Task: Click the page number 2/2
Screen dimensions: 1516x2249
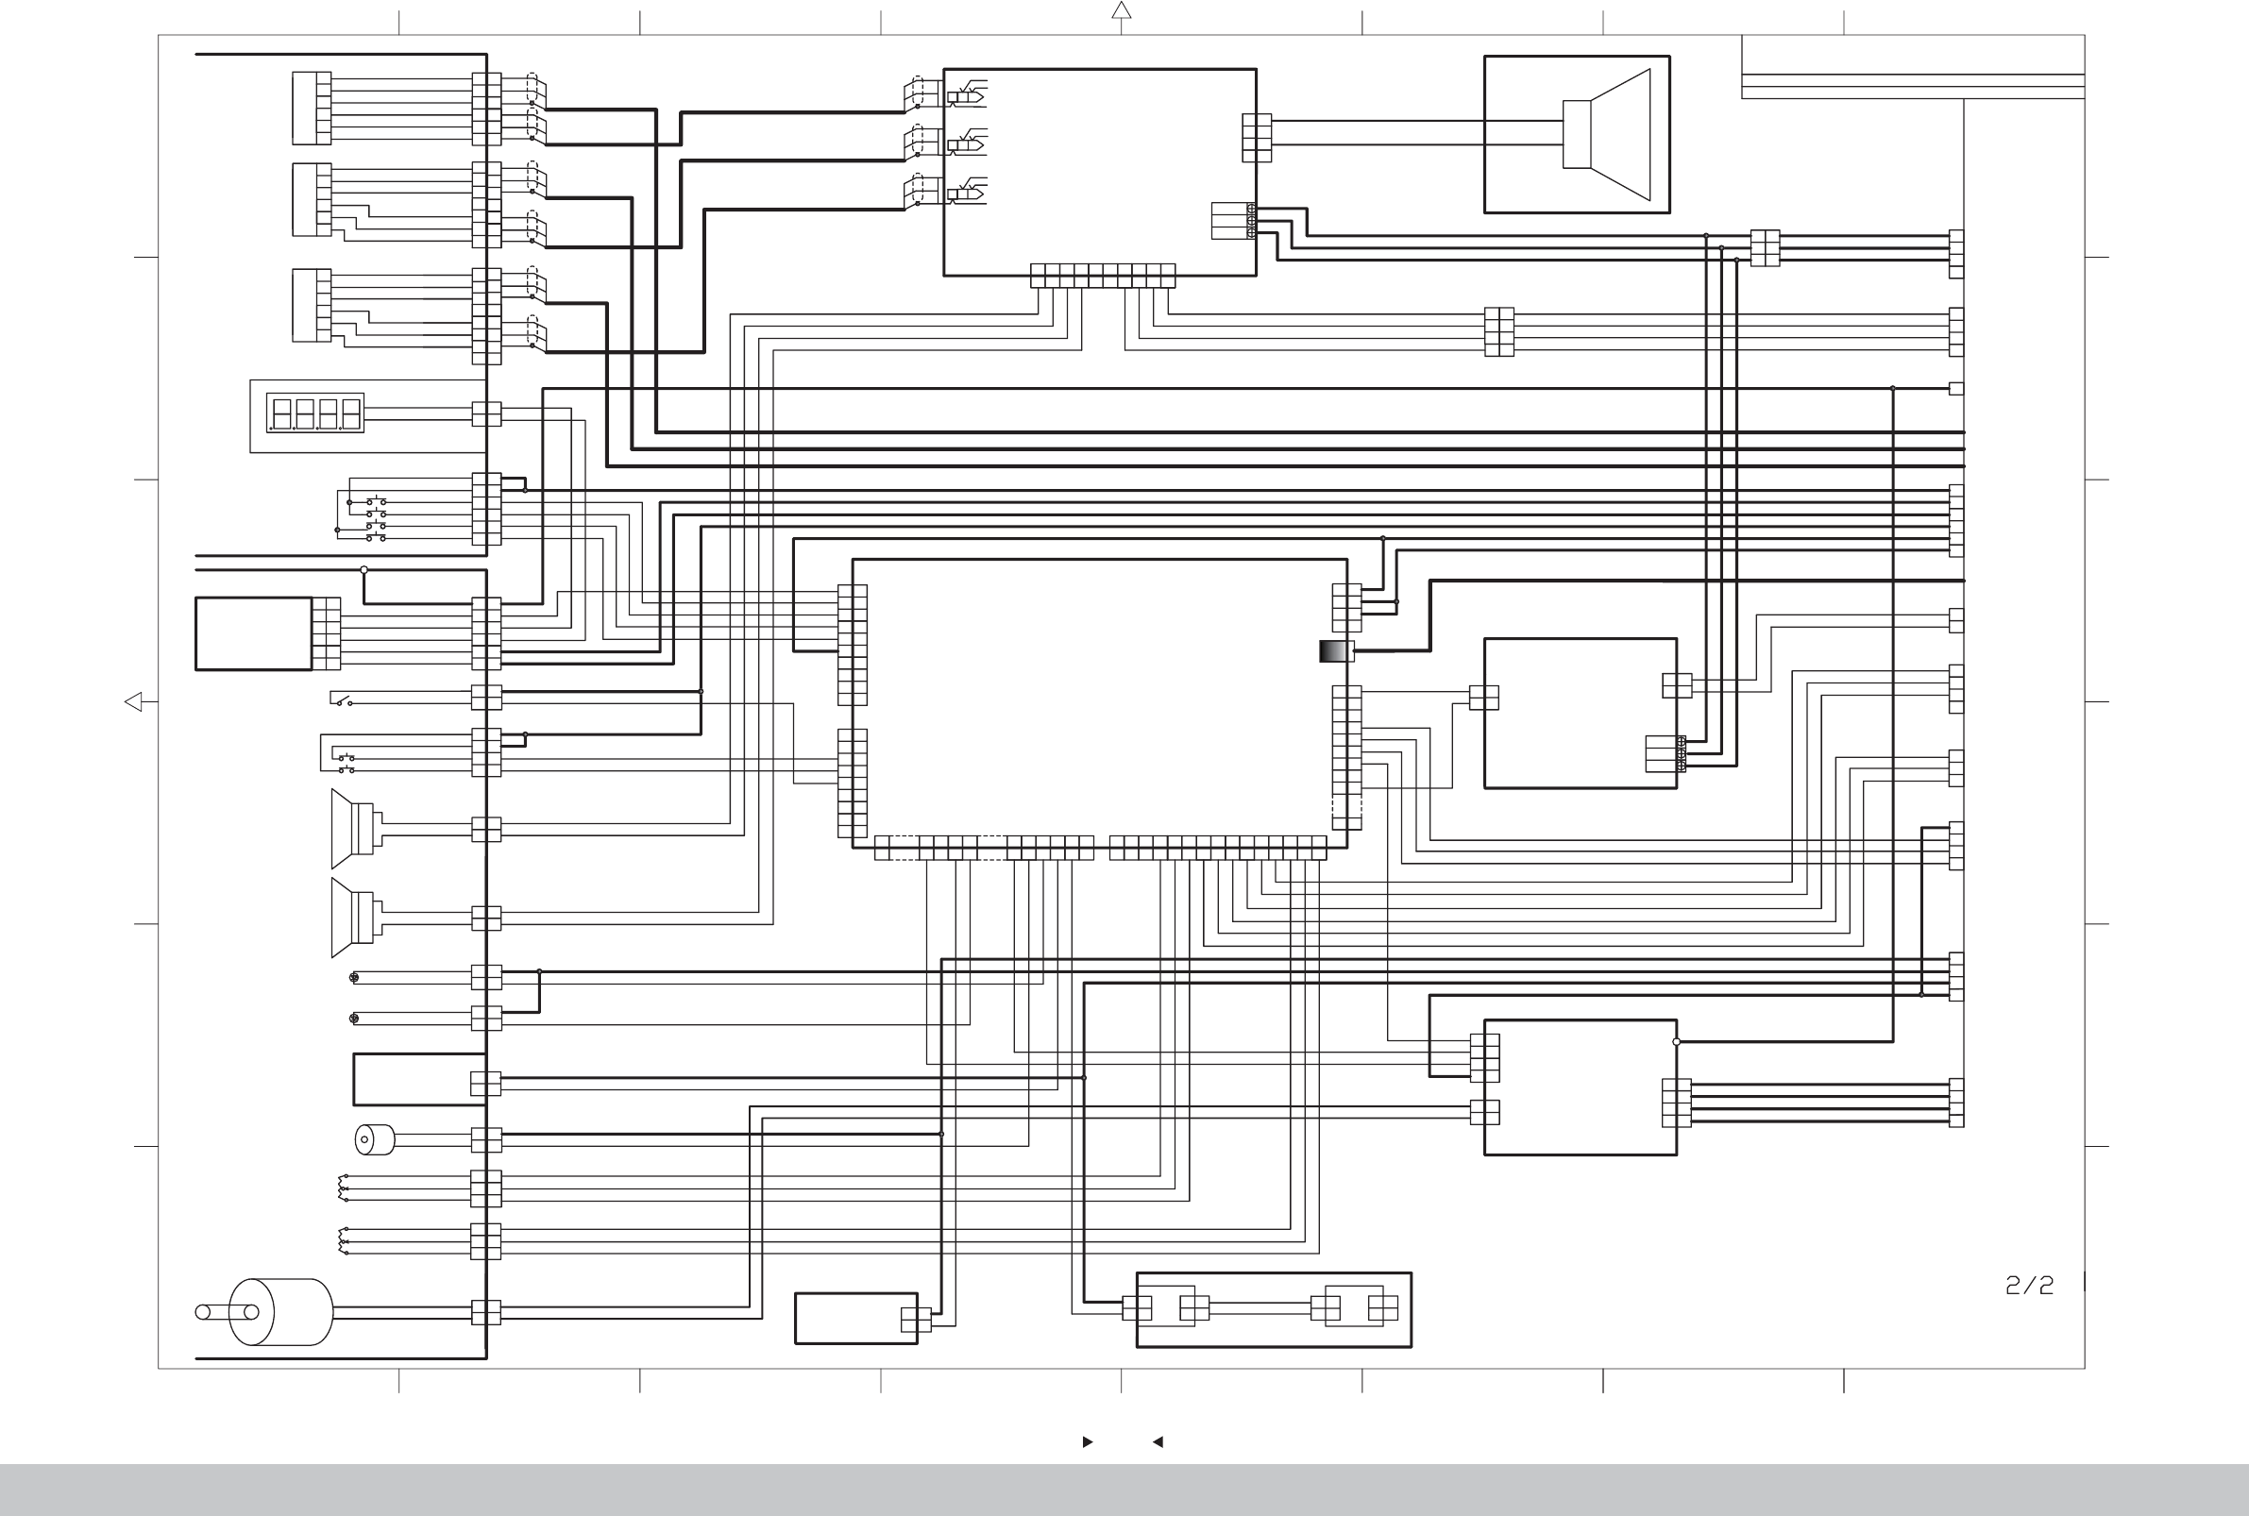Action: [x=2029, y=1285]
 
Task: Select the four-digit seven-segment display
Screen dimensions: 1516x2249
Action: [x=315, y=413]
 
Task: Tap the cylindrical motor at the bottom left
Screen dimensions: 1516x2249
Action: [x=280, y=1312]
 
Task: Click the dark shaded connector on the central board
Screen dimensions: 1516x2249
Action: [x=1335, y=651]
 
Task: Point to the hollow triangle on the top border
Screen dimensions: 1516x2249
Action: [x=1122, y=10]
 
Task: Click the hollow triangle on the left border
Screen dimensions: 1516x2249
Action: [x=133, y=702]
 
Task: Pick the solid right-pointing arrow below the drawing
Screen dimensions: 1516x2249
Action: [x=1088, y=1441]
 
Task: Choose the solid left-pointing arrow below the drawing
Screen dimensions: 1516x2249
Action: [x=1158, y=1441]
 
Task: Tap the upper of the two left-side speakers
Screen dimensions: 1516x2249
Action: [x=353, y=829]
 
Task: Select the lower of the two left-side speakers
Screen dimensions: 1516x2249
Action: [x=353, y=918]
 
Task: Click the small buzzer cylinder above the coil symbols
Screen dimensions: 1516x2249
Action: [x=374, y=1140]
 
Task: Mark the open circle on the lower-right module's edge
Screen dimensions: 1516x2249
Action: [x=1677, y=1042]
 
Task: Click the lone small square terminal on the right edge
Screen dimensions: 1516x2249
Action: [x=1956, y=389]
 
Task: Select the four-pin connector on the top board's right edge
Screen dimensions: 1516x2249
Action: [x=1257, y=138]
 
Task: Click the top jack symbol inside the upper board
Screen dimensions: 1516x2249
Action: [x=966, y=95]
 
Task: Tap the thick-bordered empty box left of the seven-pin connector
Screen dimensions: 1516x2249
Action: [x=253, y=634]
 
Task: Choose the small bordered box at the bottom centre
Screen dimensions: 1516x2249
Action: [x=855, y=1319]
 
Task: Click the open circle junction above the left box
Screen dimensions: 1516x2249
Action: [x=364, y=570]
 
